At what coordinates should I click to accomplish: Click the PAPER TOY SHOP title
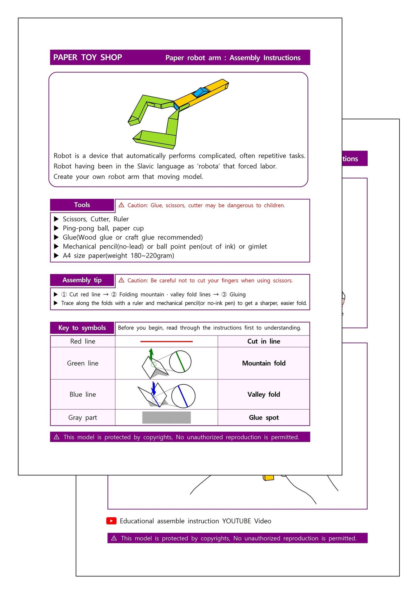click(x=87, y=57)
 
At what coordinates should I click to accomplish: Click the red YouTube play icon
click(x=111, y=521)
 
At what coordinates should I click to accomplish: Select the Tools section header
click(x=82, y=205)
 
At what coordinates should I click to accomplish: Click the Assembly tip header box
click(x=82, y=280)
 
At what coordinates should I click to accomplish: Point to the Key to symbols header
click(x=82, y=328)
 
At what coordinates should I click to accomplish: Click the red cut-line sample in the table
click(x=166, y=341)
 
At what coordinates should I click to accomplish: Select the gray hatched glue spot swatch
click(x=166, y=417)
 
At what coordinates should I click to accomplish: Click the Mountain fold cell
click(x=264, y=363)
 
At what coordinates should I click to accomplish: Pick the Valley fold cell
click(x=264, y=394)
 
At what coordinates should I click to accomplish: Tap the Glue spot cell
click(x=264, y=417)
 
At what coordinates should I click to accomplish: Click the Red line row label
click(x=83, y=341)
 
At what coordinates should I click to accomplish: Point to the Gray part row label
click(x=82, y=417)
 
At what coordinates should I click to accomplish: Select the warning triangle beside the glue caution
click(x=121, y=205)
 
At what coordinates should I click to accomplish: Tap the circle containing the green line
click(x=180, y=362)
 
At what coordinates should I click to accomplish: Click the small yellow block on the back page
click(x=268, y=477)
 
